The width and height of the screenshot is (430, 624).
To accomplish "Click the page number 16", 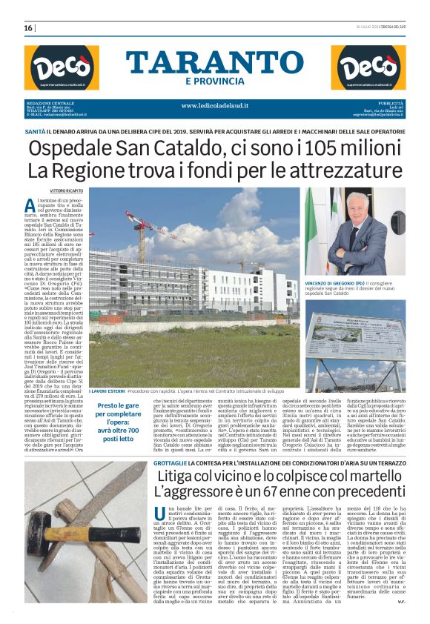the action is pyautogui.click(x=29, y=27).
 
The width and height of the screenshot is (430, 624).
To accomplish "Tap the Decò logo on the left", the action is pyautogui.click(x=62, y=67).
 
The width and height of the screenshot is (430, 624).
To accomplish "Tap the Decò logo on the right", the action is pyautogui.click(x=368, y=67).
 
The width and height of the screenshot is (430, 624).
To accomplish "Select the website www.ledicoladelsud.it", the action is pyautogui.click(x=214, y=105).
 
